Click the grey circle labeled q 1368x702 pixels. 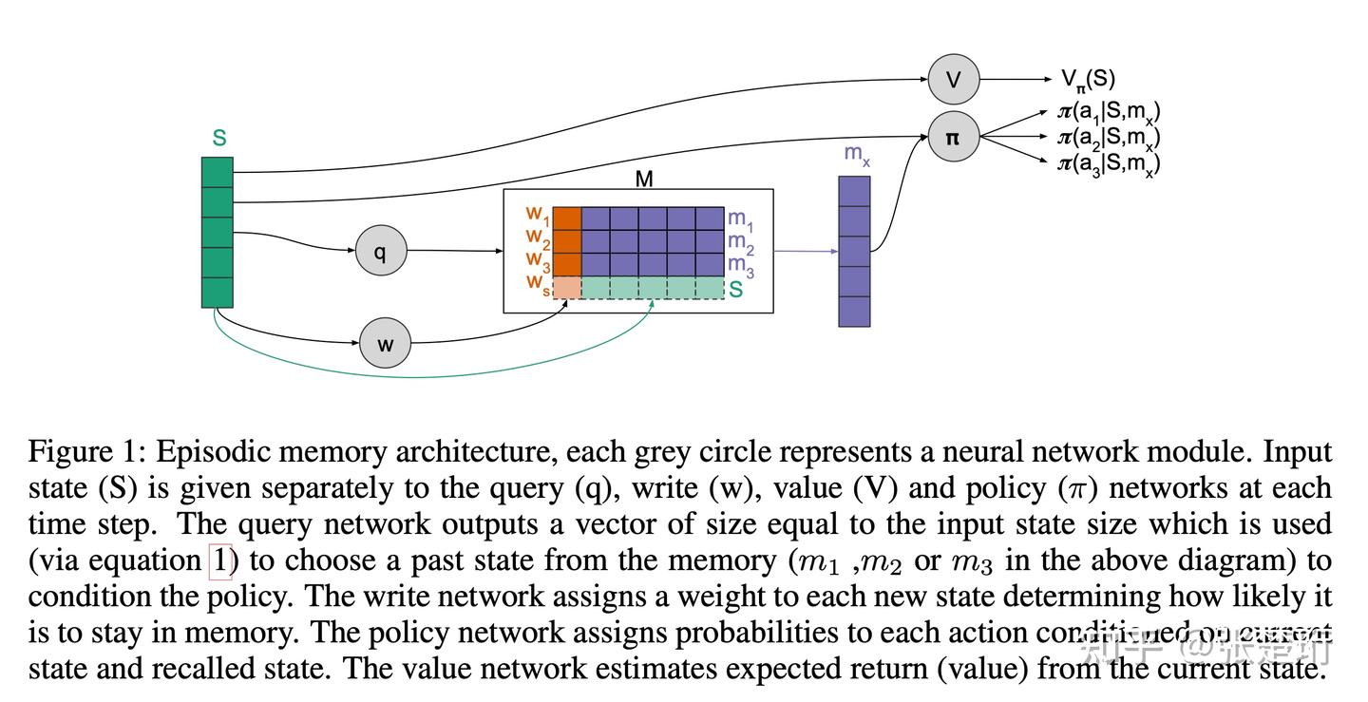click(x=381, y=252)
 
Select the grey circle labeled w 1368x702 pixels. click(x=385, y=343)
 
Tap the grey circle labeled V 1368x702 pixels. click(x=953, y=80)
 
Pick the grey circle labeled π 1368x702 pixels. click(x=953, y=137)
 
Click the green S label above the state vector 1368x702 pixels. click(x=219, y=139)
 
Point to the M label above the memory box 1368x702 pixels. click(x=643, y=179)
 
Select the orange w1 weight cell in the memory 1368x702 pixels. click(x=567, y=218)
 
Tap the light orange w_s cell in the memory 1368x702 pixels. click(x=567, y=287)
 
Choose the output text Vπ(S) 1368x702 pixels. click(x=1088, y=80)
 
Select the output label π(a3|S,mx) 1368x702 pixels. click(x=1108, y=164)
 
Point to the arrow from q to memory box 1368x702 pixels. click(x=456, y=252)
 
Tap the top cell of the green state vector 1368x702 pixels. click(x=218, y=172)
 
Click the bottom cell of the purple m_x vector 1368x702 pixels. click(x=854, y=312)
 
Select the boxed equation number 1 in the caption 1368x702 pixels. click(x=219, y=560)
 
